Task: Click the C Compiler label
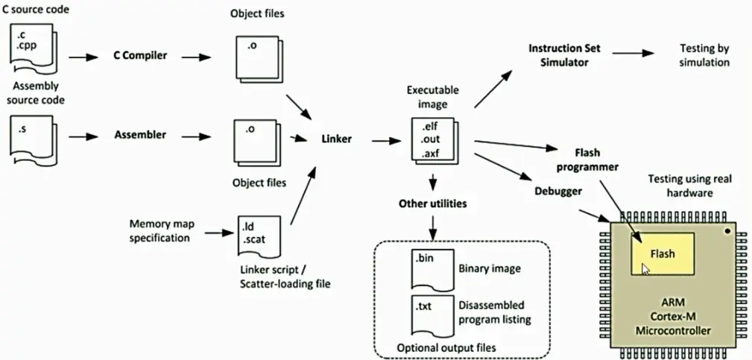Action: pos(140,56)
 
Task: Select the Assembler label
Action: pos(140,136)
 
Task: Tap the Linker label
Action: pos(336,139)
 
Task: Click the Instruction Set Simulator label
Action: pos(563,55)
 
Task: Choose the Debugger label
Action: pos(557,191)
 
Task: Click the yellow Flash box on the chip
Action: pos(663,253)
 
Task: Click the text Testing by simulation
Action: pos(704,55)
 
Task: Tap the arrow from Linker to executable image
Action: pos(384,139)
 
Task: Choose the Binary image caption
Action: pos(490,268)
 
